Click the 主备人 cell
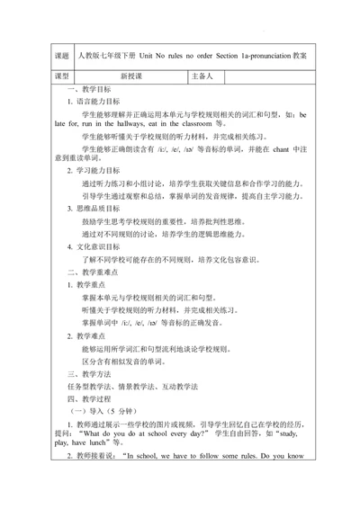(x=202, y=77)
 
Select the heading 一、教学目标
(x=90, y=92)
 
